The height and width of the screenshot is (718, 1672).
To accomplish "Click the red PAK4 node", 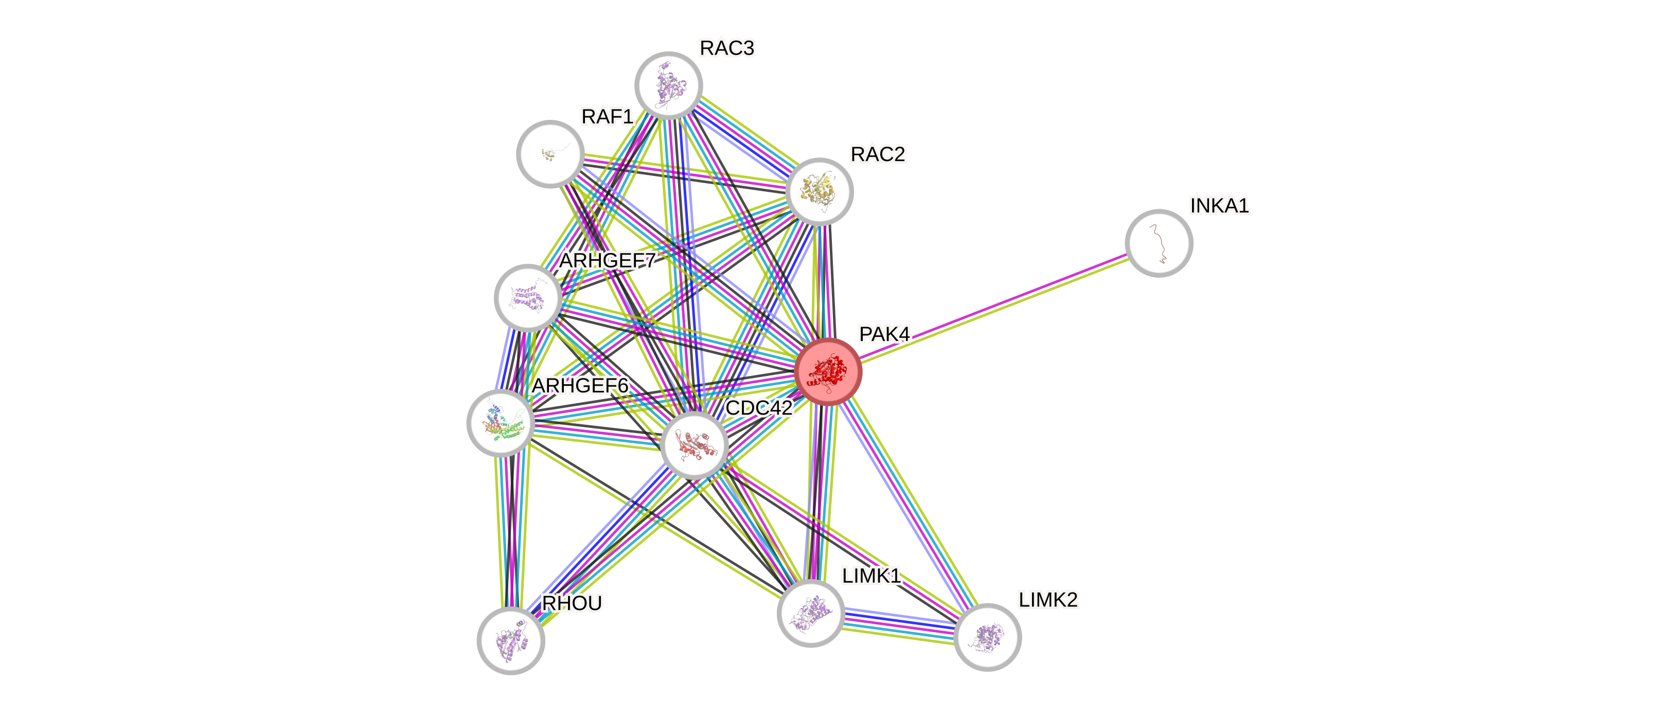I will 828,372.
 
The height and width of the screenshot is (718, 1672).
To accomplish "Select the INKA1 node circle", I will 1159,243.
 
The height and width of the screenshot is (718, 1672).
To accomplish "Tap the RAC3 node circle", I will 668,85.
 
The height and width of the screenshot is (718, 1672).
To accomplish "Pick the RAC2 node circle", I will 819,191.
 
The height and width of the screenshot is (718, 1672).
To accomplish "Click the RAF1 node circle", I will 550,154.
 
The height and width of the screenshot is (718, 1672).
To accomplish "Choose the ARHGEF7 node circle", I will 528,298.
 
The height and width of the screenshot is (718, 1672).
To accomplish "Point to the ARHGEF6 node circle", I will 501,423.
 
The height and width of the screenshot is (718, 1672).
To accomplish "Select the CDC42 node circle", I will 694,445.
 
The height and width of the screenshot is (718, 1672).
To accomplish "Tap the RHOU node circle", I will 511,641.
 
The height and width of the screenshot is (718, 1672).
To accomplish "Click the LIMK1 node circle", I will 811,613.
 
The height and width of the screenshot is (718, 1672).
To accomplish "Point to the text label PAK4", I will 884,334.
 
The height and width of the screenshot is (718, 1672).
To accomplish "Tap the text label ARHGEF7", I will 608,261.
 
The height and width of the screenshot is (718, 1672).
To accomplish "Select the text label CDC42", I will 758,408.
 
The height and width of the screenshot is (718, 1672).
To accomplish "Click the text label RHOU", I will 572,603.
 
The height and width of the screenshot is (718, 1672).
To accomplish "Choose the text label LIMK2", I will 1047,599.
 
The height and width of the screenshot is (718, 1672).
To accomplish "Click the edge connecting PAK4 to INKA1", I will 993,308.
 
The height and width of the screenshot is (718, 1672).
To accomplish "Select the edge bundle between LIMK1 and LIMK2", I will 899,624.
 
